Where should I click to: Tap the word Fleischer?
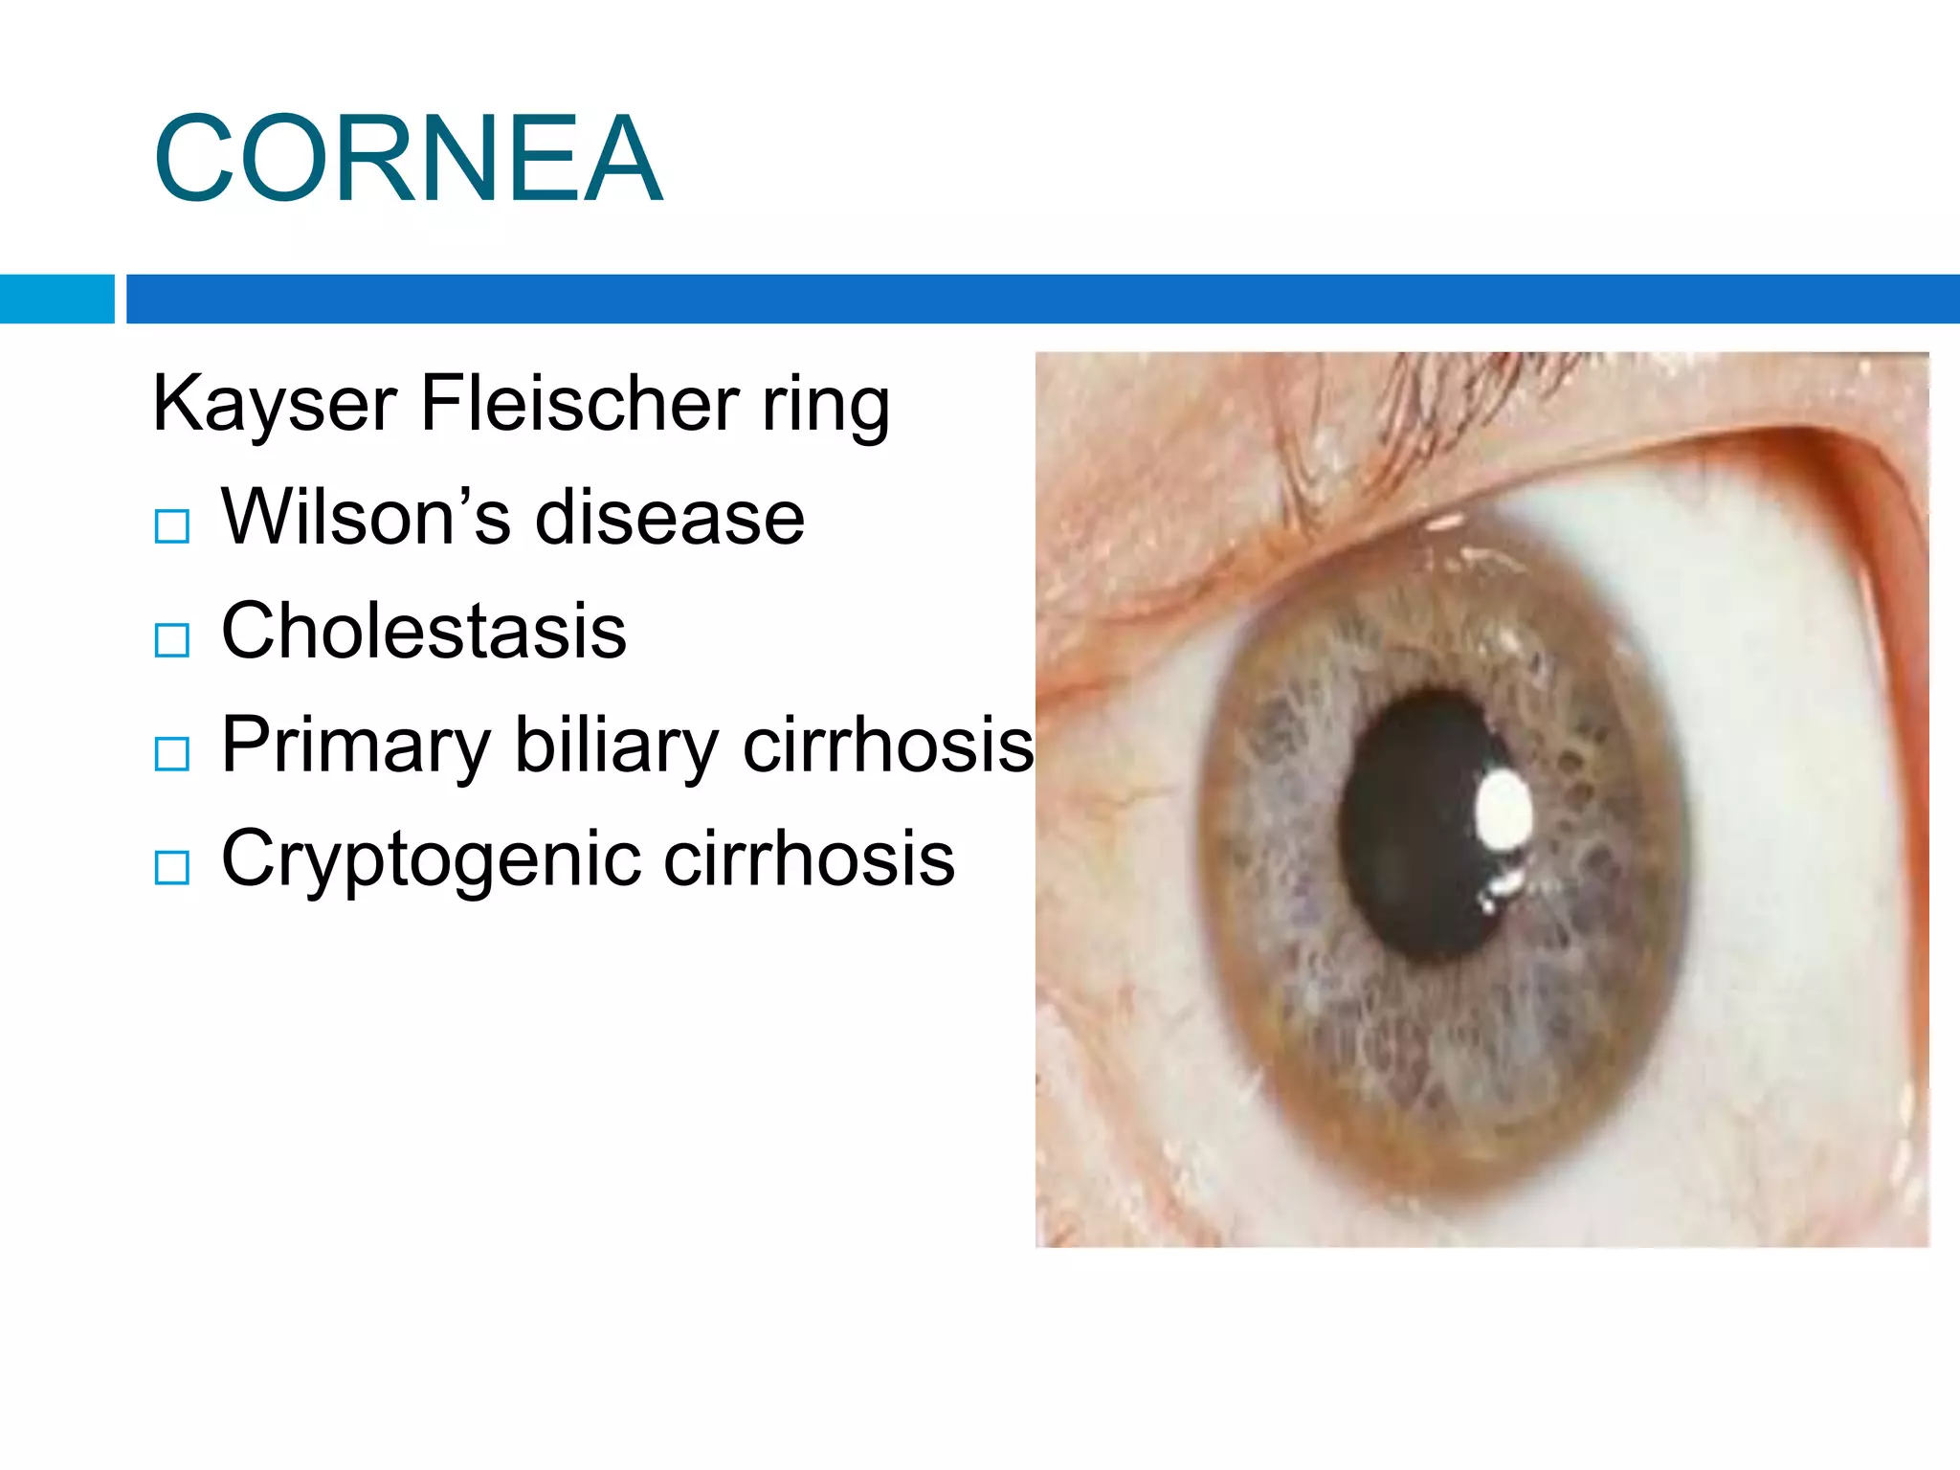tap(579, 403)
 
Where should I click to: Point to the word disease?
tap(669, 518)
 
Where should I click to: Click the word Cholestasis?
tap(423, 631)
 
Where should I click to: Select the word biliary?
tap(616, 746)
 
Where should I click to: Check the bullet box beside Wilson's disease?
tap(172, 526)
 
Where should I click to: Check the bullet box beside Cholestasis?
tap(172, 640)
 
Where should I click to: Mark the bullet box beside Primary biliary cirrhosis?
tap(172, 754)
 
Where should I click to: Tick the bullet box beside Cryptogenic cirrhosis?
tap(172, 868)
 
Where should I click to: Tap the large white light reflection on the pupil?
tap(1503, 810)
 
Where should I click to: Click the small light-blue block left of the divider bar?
tap(56, 299)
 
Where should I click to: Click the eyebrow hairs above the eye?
tap(1436, 392)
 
